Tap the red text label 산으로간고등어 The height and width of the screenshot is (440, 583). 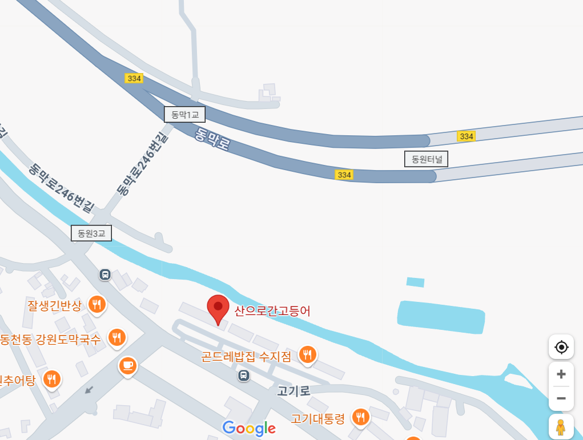coord(272,311)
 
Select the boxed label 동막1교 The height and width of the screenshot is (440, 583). coord(184,115)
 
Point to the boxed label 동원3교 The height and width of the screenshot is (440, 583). coord(91,233)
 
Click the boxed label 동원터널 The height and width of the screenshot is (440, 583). coord(426,159)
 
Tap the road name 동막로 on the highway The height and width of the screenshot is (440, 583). coord(212,139)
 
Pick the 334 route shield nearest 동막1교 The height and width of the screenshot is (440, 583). coord(134,78)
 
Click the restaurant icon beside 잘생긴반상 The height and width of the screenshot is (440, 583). coord(98,305)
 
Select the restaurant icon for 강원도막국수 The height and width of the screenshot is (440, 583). coord(117,338)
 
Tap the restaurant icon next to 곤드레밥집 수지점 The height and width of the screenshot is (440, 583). coord(308,355)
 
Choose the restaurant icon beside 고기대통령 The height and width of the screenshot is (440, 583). coord(360,418)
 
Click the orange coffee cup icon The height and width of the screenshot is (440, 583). coord(127,365)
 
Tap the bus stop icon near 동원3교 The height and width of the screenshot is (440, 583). coord(105,275)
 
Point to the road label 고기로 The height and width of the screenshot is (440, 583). coord(293,391)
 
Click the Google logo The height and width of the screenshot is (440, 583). coord(249,428)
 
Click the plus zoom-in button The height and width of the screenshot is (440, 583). coord(561,374)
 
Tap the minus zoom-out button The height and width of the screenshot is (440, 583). coord(561,398)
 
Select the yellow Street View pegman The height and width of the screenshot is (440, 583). coord(561,427)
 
